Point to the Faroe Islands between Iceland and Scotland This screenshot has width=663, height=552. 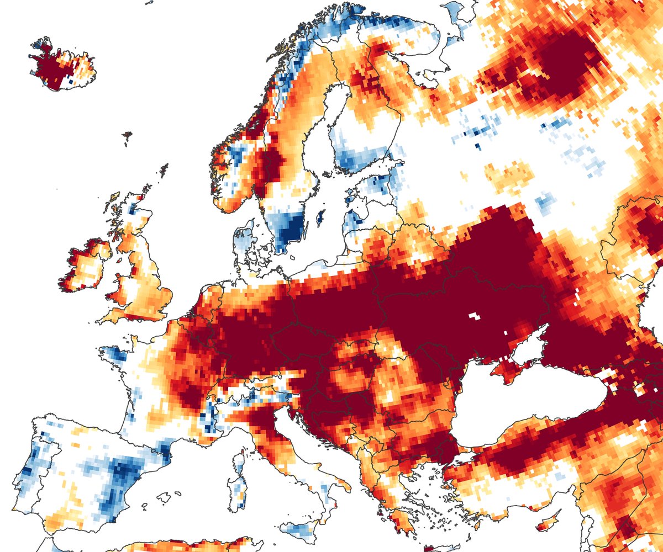click(128, 134)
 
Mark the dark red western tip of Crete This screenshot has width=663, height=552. click(428, 548)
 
